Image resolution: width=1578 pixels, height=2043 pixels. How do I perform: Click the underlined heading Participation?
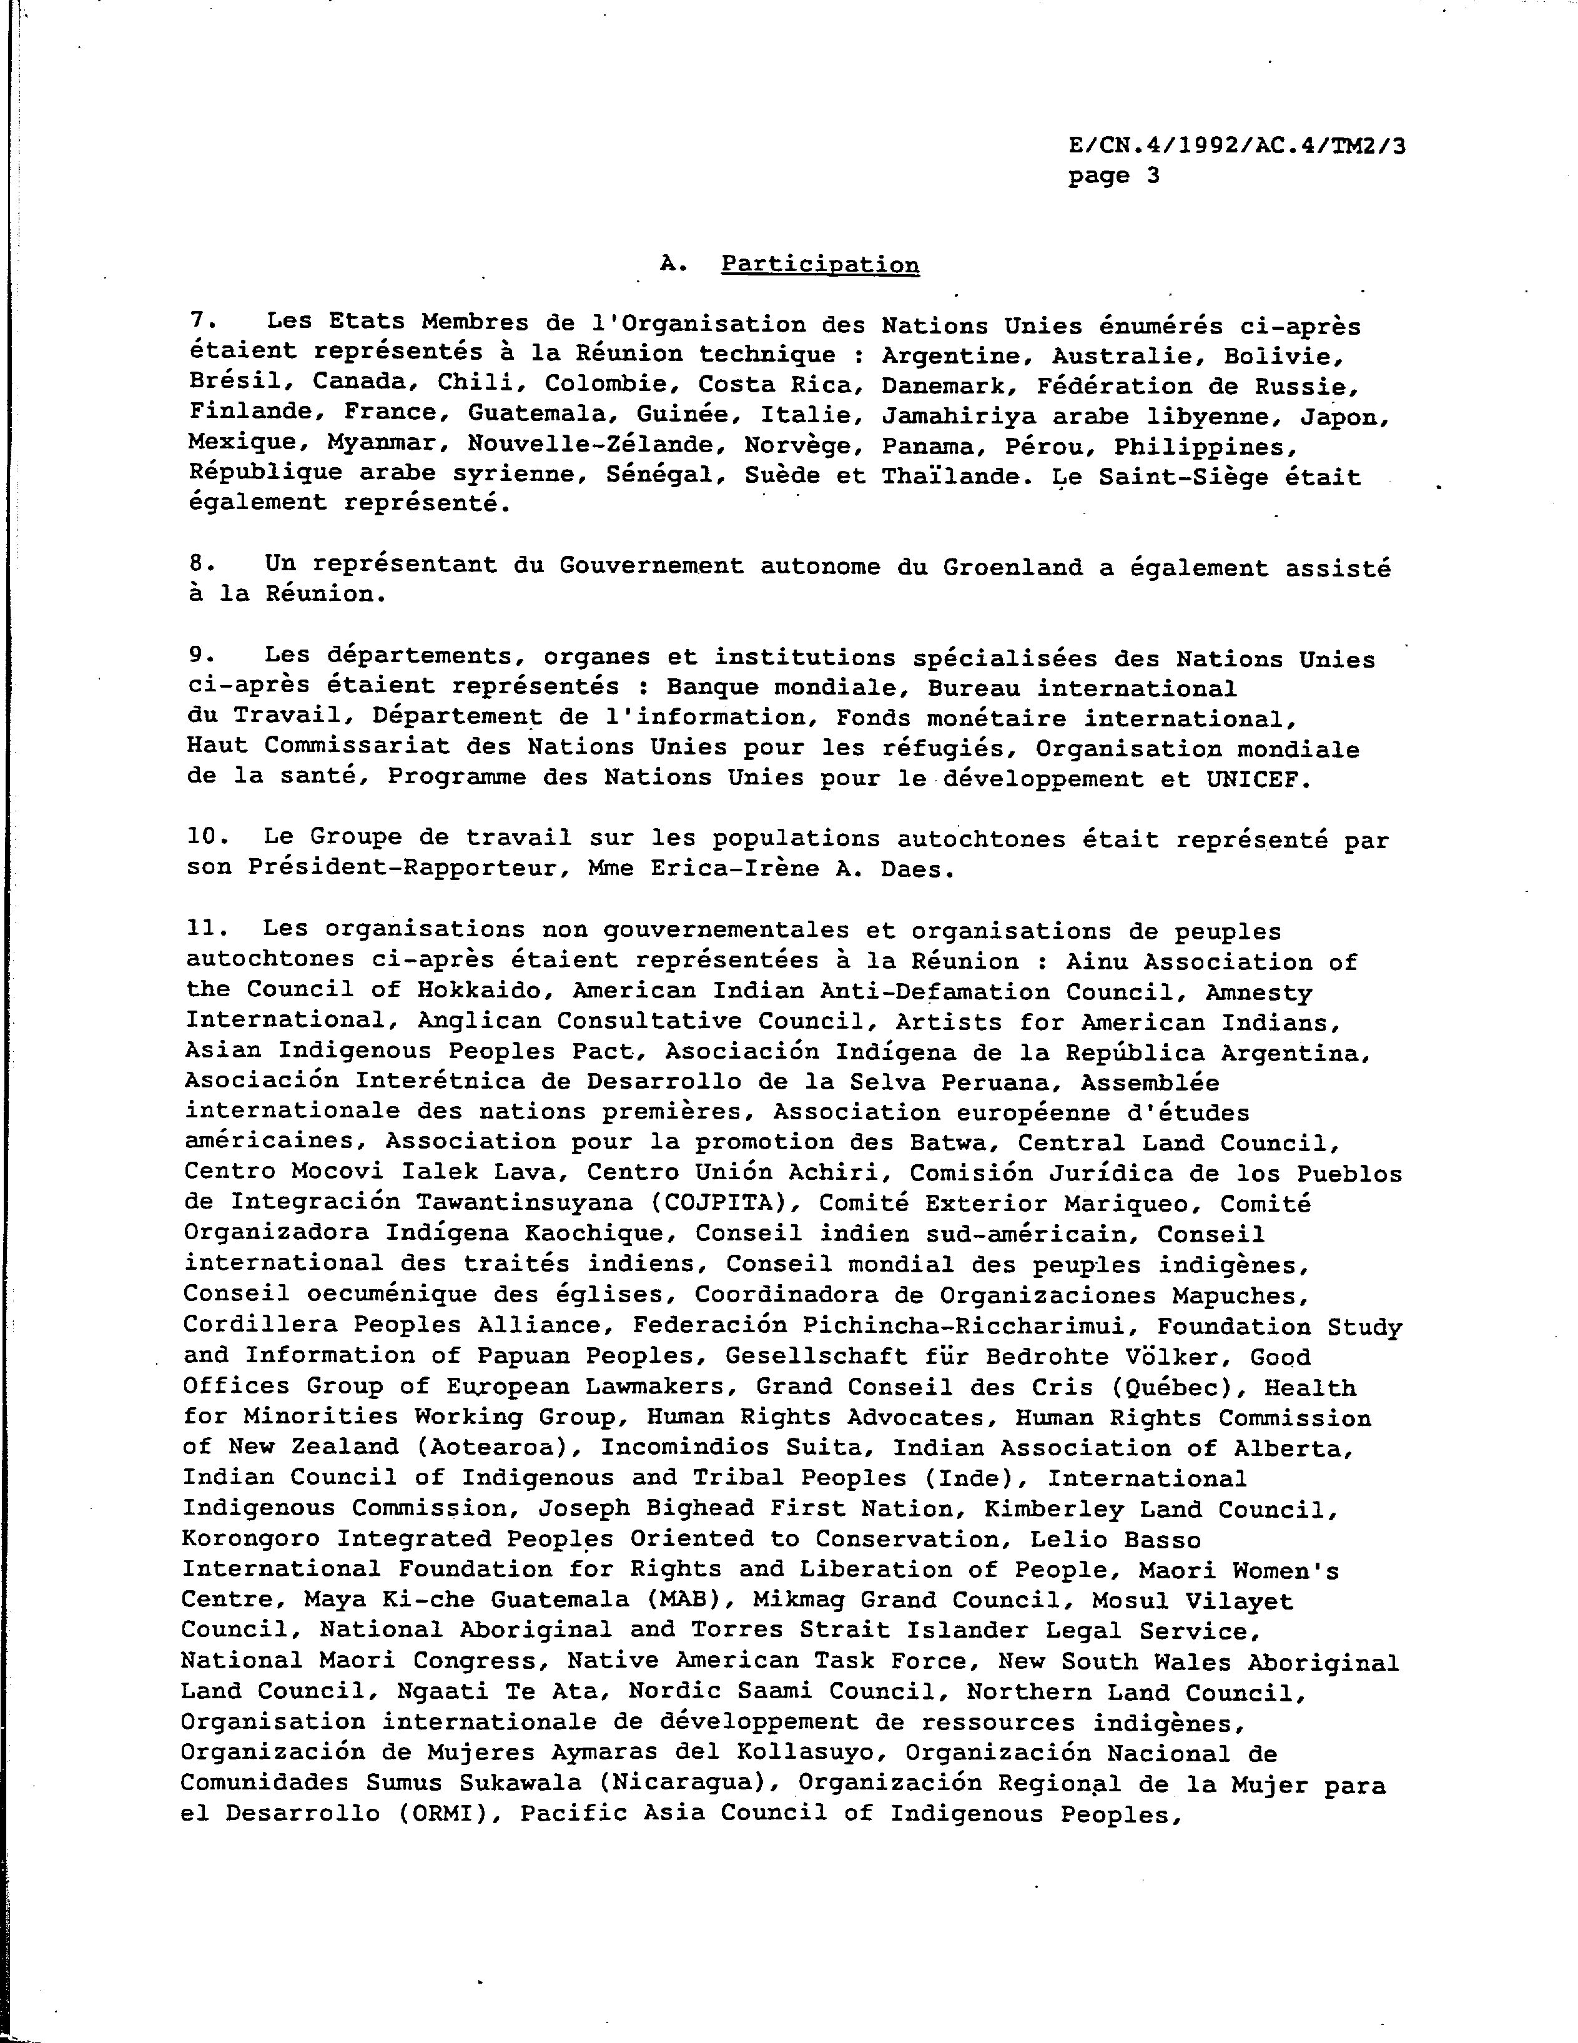coord(819,265)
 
